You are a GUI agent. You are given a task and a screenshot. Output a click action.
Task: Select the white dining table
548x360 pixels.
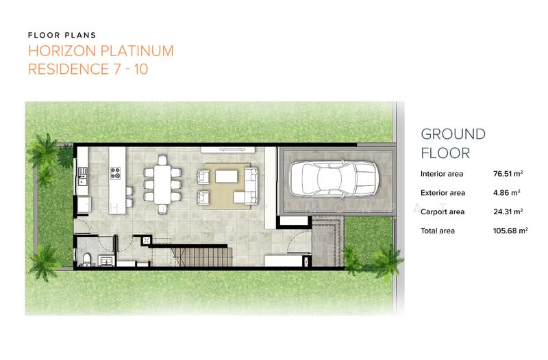(162, 184)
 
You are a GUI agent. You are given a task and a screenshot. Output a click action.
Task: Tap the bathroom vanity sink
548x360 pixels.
(106, 261)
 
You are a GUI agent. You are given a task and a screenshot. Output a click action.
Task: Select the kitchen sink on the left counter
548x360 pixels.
(82, 180)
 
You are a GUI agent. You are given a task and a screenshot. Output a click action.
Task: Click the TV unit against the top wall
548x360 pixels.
(221, 148)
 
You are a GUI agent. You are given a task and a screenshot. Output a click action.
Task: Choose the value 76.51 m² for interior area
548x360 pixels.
(506, 174)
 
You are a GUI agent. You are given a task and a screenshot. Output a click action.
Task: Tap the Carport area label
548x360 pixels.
(443, 212)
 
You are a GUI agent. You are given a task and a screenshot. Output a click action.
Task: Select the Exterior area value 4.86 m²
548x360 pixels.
(506, 193)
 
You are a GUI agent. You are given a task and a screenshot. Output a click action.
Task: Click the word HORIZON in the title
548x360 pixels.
(61, 51)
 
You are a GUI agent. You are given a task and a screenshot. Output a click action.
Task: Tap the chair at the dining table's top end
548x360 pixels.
(162, 161)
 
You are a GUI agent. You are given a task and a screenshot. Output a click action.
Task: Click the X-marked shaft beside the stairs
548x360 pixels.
(145, 240)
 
